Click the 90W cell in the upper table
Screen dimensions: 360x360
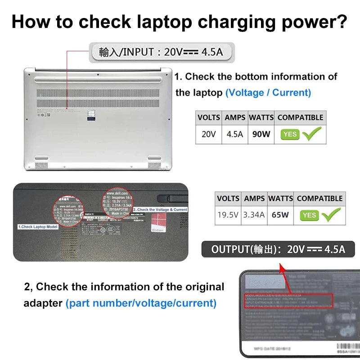pyautogui.click(x=261, y=134)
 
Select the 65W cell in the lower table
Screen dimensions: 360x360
pyautogui.click(x=280, y=215)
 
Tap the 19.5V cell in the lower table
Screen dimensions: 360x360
pyautogui.click(x=228, y=215)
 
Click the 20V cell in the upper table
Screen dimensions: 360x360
pyautogui.click(x=208, y=134)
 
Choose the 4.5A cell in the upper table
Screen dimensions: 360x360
pyautogui.click(x=235, y=134)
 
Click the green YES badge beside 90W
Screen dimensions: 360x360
pyautogui.click(x=290, y=134)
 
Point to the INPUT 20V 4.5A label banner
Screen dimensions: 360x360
pyautogui.click(x=161, y=52)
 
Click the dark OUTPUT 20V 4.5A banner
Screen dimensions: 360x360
pyautogui.click(x=278, y=249)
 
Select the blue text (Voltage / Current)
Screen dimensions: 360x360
pyautogui.click(x=268, y=93)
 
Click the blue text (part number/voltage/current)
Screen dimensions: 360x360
pyautogui.click(x=141, y=303)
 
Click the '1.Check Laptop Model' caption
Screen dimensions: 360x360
pyautogui.click(x=38, y=227)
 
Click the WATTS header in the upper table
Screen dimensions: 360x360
pyautogui.click(x=261, y=117)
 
